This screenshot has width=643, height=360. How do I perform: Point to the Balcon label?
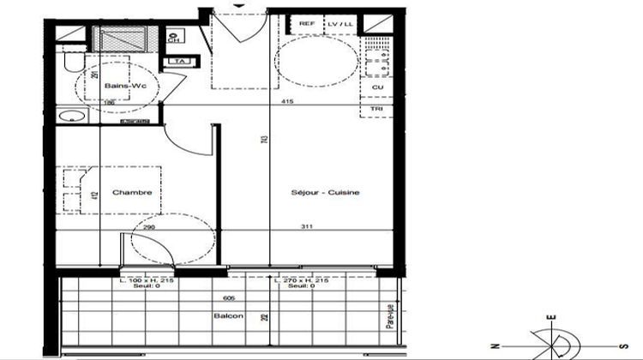coord(228,316)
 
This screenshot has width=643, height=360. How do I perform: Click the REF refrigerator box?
coord(306,24)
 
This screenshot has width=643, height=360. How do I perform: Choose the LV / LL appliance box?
coord(340,24)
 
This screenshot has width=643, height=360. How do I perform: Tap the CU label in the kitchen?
coord(377,87)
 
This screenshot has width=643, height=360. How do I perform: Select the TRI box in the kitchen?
coord(377,110)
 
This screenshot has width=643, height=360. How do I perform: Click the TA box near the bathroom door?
coord(180,61)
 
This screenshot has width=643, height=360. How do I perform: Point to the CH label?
coord(174,39)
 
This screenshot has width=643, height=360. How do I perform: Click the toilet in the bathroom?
coord(72,64)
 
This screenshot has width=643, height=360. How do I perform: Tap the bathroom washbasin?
coord(70,116)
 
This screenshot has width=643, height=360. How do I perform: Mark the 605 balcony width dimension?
coord(228,297)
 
